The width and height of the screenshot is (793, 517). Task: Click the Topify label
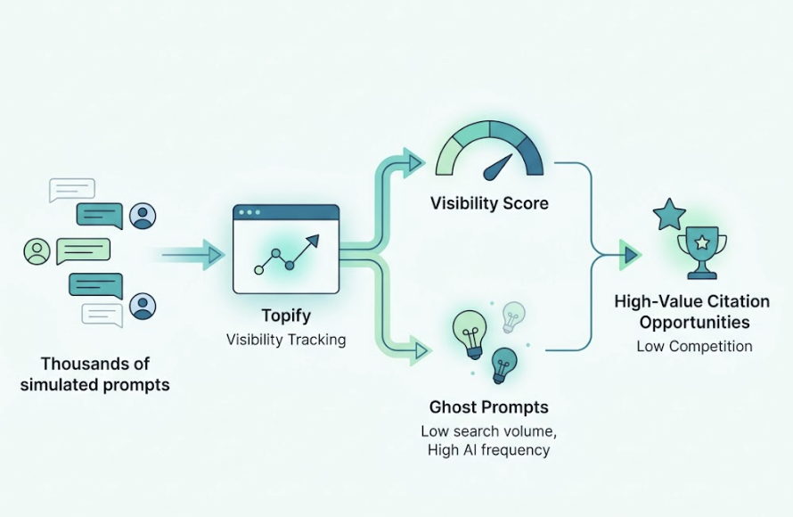click(285, 316)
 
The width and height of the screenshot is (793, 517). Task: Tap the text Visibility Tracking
click(285, 339)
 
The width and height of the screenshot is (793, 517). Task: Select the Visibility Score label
click(489, 203)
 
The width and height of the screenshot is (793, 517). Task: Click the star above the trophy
click(669, 215)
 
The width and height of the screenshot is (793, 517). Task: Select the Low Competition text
click(694, 346)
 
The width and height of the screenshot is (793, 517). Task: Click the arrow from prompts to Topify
click(192, 255)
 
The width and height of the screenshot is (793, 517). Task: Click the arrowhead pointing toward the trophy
click(630, 255)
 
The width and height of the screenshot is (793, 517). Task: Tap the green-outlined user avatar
click(37, 251)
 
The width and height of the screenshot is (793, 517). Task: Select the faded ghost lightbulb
click(514, 315)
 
